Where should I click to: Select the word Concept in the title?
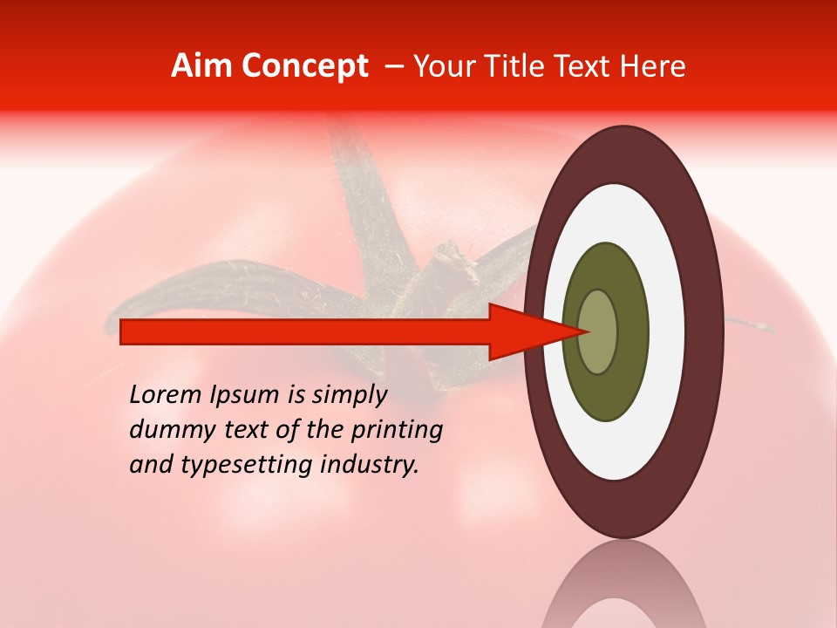304,66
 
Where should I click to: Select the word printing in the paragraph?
397,431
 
